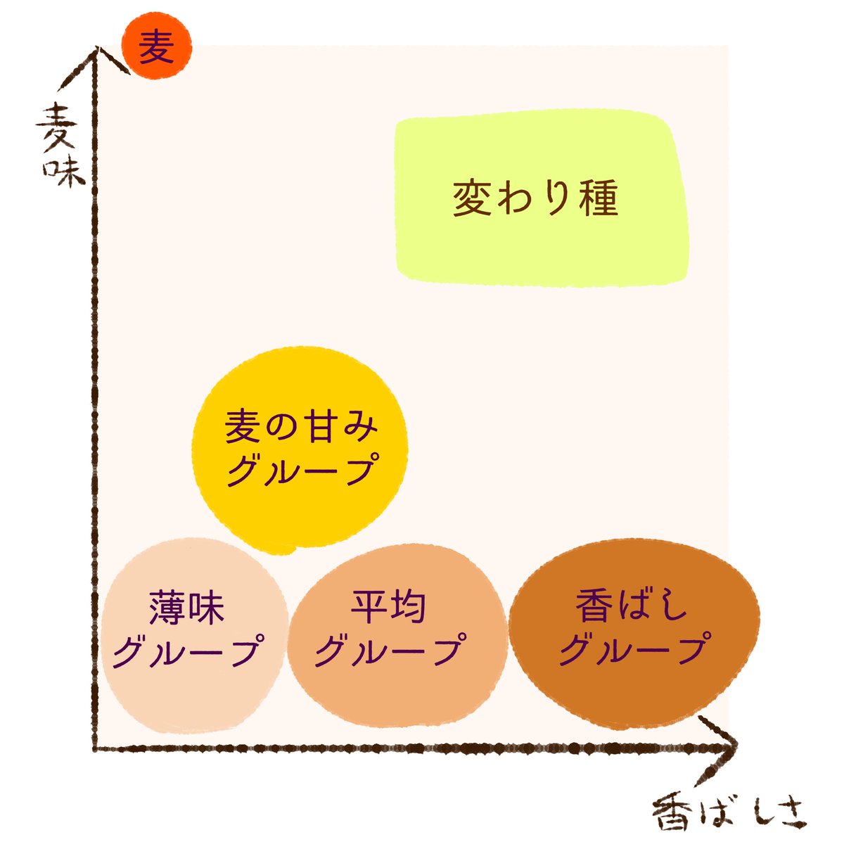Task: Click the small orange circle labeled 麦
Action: coord(156,46)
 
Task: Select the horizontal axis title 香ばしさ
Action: coord(729,816)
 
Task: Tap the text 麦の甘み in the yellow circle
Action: coord(301,427)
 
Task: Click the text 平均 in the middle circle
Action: coord(388,608)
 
